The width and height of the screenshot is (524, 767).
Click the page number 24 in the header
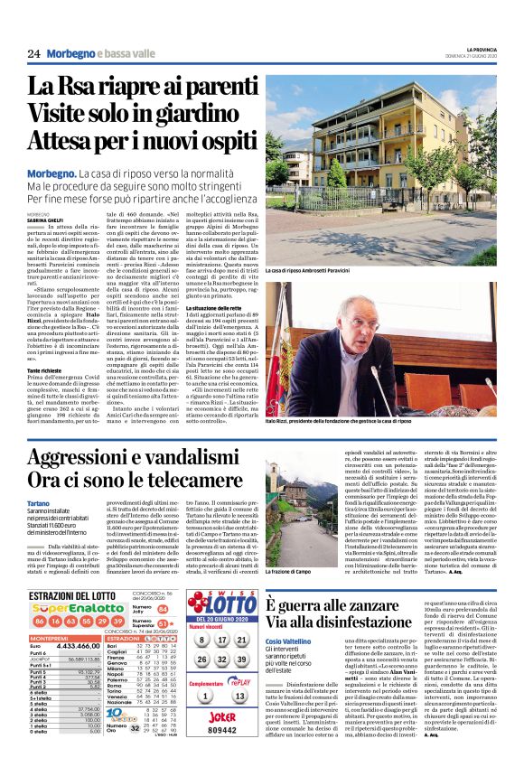point(33,53)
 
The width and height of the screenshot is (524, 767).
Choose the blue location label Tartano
point(39,502)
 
